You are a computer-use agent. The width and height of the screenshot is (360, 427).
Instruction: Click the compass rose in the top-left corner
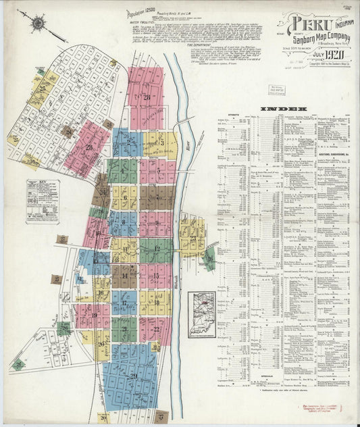(x=37, y=24)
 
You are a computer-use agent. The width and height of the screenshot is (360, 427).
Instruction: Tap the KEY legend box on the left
(x=43, y=201)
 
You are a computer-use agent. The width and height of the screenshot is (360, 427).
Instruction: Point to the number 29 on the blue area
(x=133, y=376)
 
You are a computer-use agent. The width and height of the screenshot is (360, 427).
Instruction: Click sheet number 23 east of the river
(x=193, y=238)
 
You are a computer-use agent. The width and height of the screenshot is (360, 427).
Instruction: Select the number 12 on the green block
(x=157, y=249)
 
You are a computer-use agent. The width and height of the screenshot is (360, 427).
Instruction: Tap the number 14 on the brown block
(x=125, y=276)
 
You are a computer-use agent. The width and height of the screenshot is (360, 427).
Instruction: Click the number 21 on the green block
(x=124, y=329)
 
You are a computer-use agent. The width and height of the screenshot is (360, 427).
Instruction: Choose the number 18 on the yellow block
(x=157, y=303)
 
